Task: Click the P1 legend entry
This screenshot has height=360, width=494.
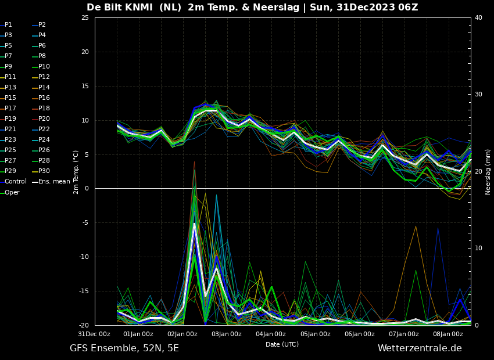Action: (8, 25)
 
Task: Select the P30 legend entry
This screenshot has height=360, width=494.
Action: (44, 171)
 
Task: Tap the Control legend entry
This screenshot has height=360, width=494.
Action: (16, 182)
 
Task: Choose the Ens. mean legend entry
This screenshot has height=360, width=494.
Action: (54, 182)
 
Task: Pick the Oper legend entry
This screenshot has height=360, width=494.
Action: (12, 192)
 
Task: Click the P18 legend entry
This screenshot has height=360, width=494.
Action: (44, 109)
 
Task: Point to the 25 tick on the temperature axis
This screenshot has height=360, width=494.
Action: (85, 18)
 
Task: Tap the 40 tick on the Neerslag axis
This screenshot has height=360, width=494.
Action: (478, 18)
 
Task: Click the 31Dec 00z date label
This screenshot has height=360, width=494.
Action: (94, 334)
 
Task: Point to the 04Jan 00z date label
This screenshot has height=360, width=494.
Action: (271, 334)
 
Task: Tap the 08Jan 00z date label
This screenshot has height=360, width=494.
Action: (448, 334)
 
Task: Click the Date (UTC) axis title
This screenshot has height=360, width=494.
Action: (282, 344)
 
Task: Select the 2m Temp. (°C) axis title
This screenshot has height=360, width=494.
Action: (76, 172)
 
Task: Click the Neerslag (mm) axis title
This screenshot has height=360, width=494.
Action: (488, 172)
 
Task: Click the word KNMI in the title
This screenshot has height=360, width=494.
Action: (139, 8)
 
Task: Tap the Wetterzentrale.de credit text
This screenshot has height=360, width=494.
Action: (420, 348)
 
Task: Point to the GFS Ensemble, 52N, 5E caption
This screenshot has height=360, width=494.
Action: (124, 348)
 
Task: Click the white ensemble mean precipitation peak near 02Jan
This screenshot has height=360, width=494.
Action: (194, 224)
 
